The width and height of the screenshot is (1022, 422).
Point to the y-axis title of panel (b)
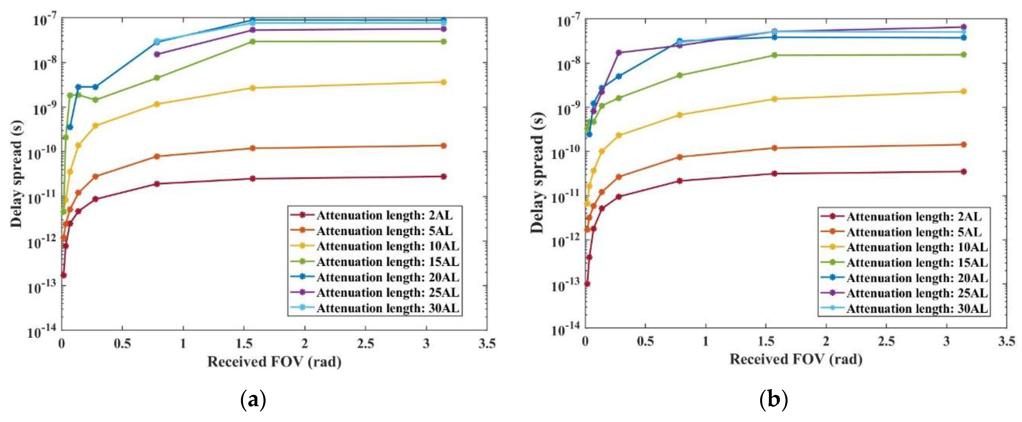click(x=538, y=172)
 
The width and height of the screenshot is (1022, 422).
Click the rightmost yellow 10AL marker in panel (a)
click(x=443, y=82)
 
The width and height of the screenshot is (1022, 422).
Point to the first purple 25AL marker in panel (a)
click(x=157, y=54)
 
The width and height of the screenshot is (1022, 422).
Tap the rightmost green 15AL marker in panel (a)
click(x=443, y=42)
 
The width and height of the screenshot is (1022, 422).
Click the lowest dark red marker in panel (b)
click(x=587, y=284)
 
